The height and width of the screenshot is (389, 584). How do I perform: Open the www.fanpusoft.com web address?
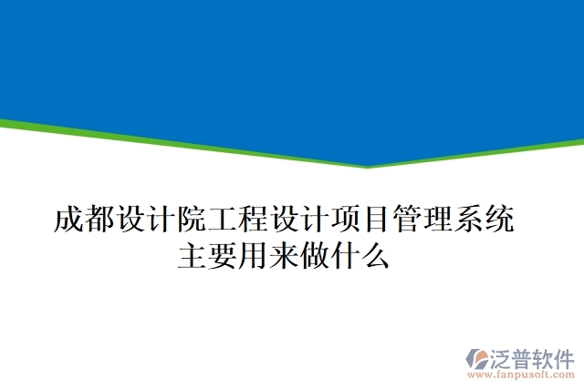pos(520,374)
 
